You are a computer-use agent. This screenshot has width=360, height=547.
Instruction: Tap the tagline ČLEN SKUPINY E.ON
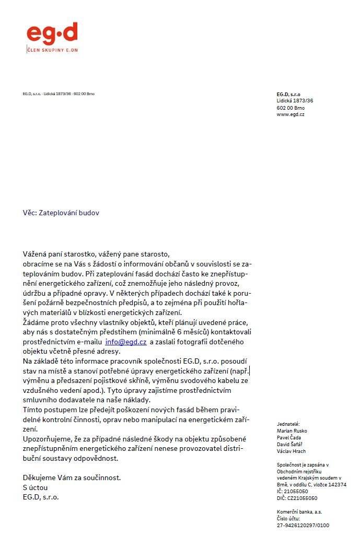pyautogui.click(x=53, y=50)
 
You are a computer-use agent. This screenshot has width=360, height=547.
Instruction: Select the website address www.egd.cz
pyautogui.click(x=291, y=114)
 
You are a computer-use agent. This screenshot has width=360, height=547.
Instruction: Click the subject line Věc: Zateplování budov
pyautogui.click(x=61, y=213)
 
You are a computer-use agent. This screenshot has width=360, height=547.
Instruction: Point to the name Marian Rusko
pyautogui.click(x=292, y=430)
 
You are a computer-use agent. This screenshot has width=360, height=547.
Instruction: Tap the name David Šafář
pyautogui.click(x=289, y=444)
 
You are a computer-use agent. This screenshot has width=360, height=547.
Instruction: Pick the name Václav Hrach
pyautogui.click(x=291, y=451)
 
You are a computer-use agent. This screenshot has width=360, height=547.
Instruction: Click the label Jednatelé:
pyautogui.click(x=288, y=424)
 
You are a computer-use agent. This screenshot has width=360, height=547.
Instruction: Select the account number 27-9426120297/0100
pyautogui.click(x=303, y=526)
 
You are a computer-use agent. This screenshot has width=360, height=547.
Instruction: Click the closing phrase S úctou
pyautogui.click(x=35, y=487)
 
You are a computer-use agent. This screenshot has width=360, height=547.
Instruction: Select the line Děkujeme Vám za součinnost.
pyautogui.click(x=72, y=478)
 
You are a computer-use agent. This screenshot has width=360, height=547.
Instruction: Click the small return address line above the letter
pyautogui.click(x=59, y=94)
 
